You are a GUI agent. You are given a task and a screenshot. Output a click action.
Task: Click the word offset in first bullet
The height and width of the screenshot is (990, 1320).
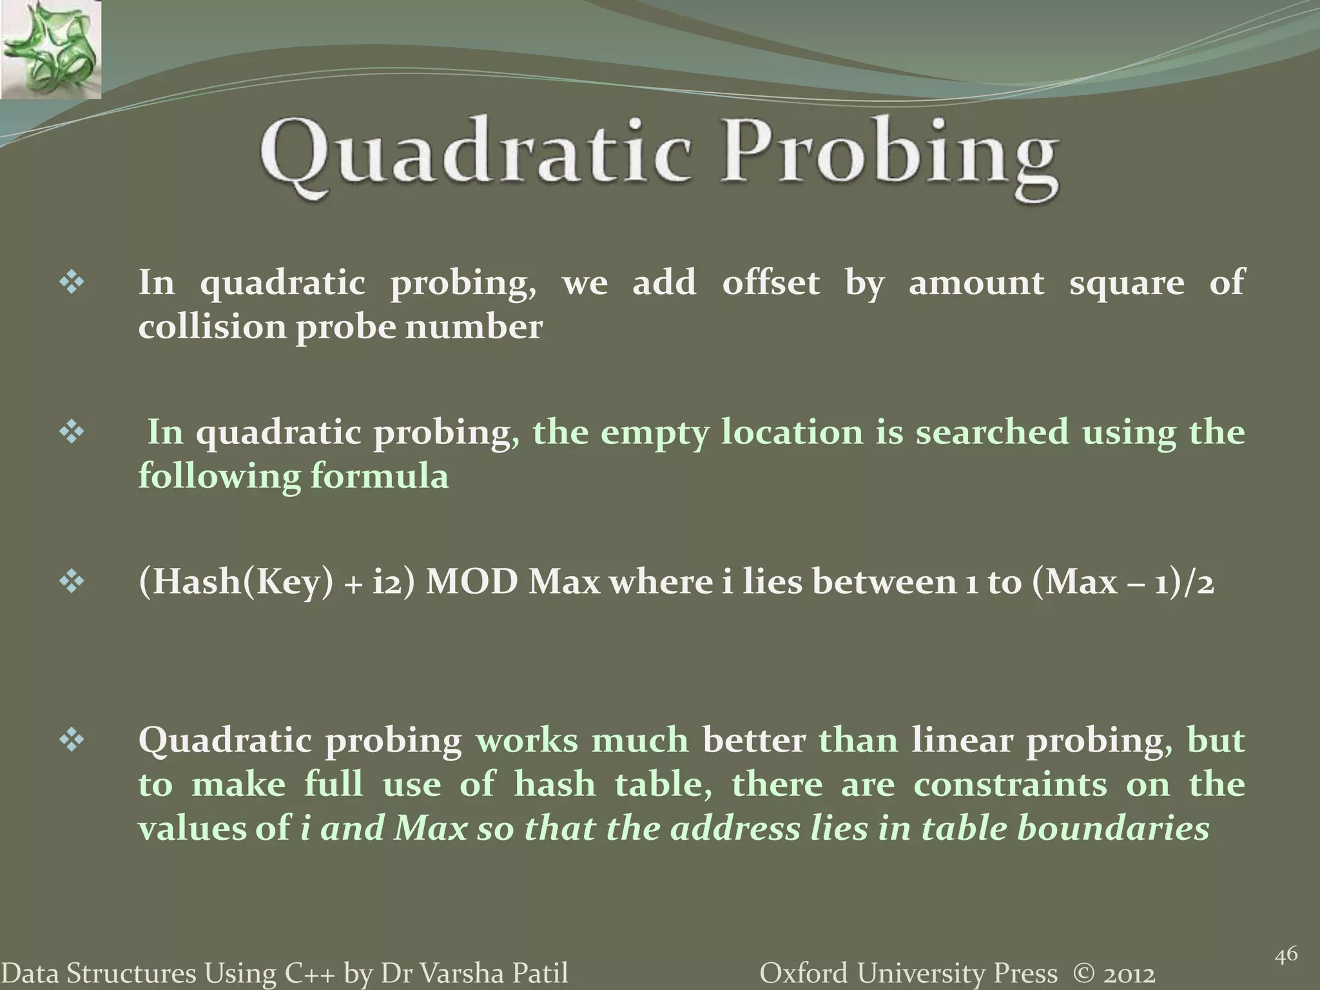(x=770, y=282)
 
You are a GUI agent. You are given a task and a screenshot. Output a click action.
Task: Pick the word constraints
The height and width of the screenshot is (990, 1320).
(x=1010, y=784)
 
